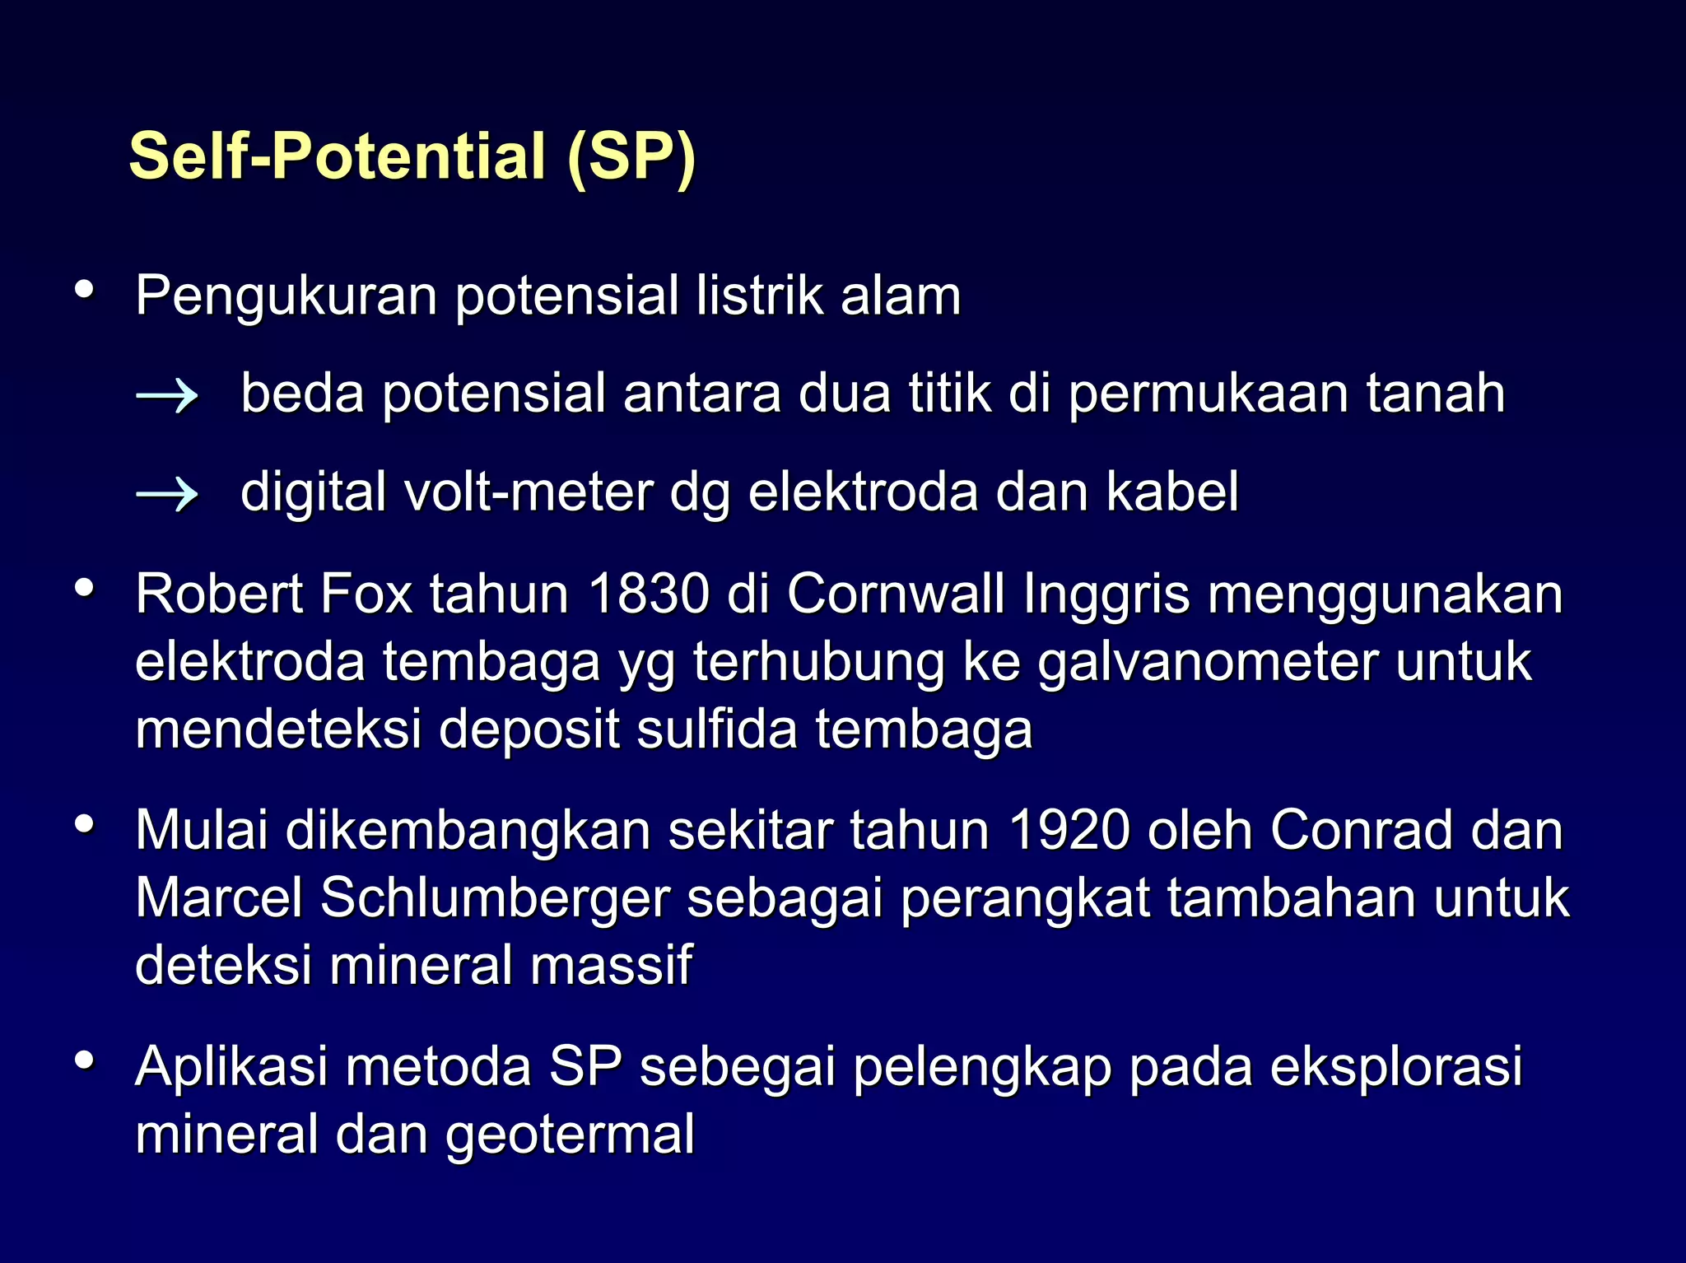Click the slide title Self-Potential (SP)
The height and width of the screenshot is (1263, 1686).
[412, 156]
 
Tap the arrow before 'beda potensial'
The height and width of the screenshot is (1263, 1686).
[167, 396]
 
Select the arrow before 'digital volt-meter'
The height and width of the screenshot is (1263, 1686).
[167, 494]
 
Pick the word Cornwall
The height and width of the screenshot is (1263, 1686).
[896, 594]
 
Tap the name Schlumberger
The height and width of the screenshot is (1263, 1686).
[494, 898]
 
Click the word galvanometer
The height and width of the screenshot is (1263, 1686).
[1206, 663]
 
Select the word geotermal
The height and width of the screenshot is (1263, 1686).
[570, 1135]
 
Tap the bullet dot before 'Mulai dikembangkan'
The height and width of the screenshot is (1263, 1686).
[84, 824]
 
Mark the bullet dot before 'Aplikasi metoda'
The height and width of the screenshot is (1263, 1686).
[84, 1060]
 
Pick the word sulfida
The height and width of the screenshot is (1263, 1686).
[717, 730]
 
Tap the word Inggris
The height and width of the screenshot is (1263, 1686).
[1106, 595]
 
